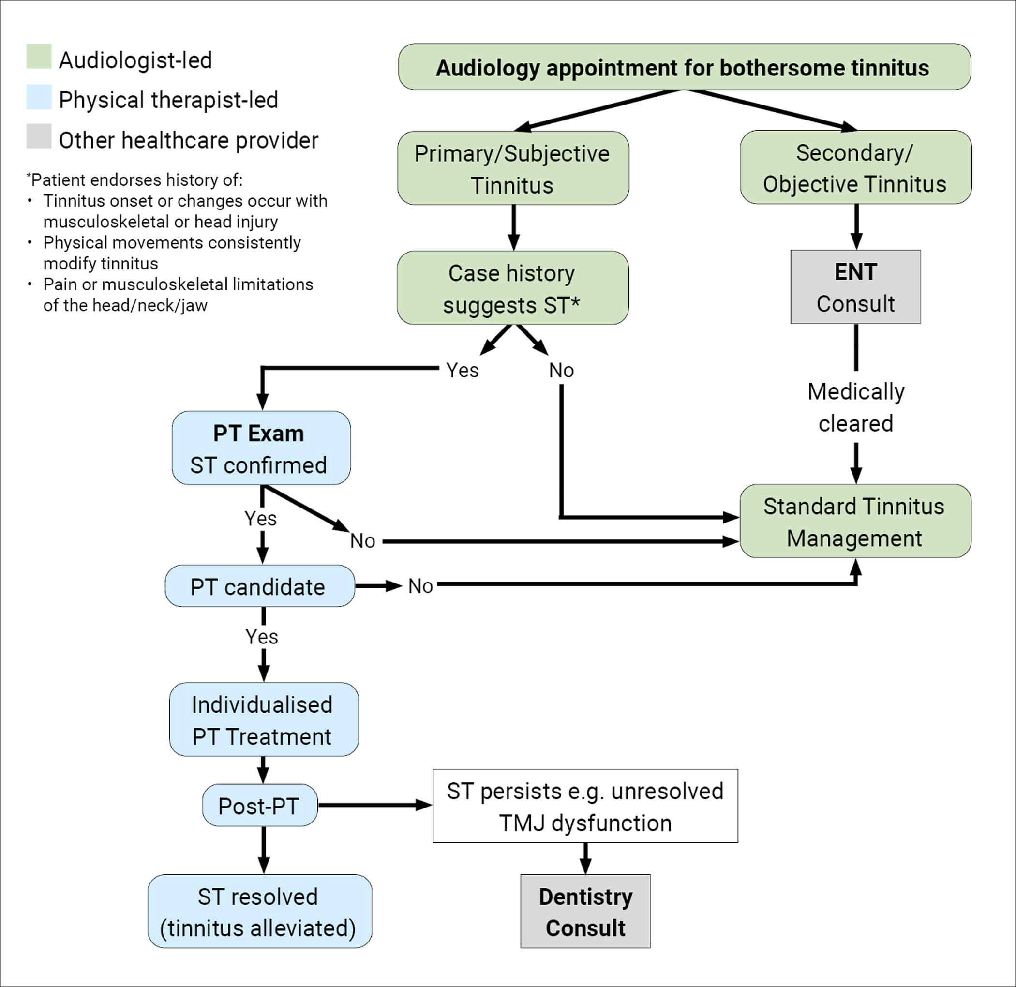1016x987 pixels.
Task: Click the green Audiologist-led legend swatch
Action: tap(39, 57)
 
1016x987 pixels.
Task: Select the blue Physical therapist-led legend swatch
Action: tap(39, 97)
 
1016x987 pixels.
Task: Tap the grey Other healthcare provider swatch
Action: tap(39, 136)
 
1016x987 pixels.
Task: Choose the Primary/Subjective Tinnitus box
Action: tap(513, 168)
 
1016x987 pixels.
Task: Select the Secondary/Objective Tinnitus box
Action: tap(855, 167)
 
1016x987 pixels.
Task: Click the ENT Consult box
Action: tap(855, 287)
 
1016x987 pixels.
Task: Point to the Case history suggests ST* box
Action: tap(513, 288)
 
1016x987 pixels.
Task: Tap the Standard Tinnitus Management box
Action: tap(855, 522)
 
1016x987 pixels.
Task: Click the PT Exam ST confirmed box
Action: tap(261, 449)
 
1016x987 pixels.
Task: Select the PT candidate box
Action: tap(260, 586)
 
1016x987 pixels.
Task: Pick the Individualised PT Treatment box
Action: tap(263, 719)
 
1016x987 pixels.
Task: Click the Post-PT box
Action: tap(260, 806)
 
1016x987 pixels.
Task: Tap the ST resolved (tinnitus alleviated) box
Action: tap(260, 912)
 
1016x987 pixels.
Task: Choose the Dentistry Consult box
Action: tap(585, 912)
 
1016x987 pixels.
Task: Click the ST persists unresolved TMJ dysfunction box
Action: tap(585, 807)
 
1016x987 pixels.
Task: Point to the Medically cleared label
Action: tap(855, 407)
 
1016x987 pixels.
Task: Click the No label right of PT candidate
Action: tap(420, 586)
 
